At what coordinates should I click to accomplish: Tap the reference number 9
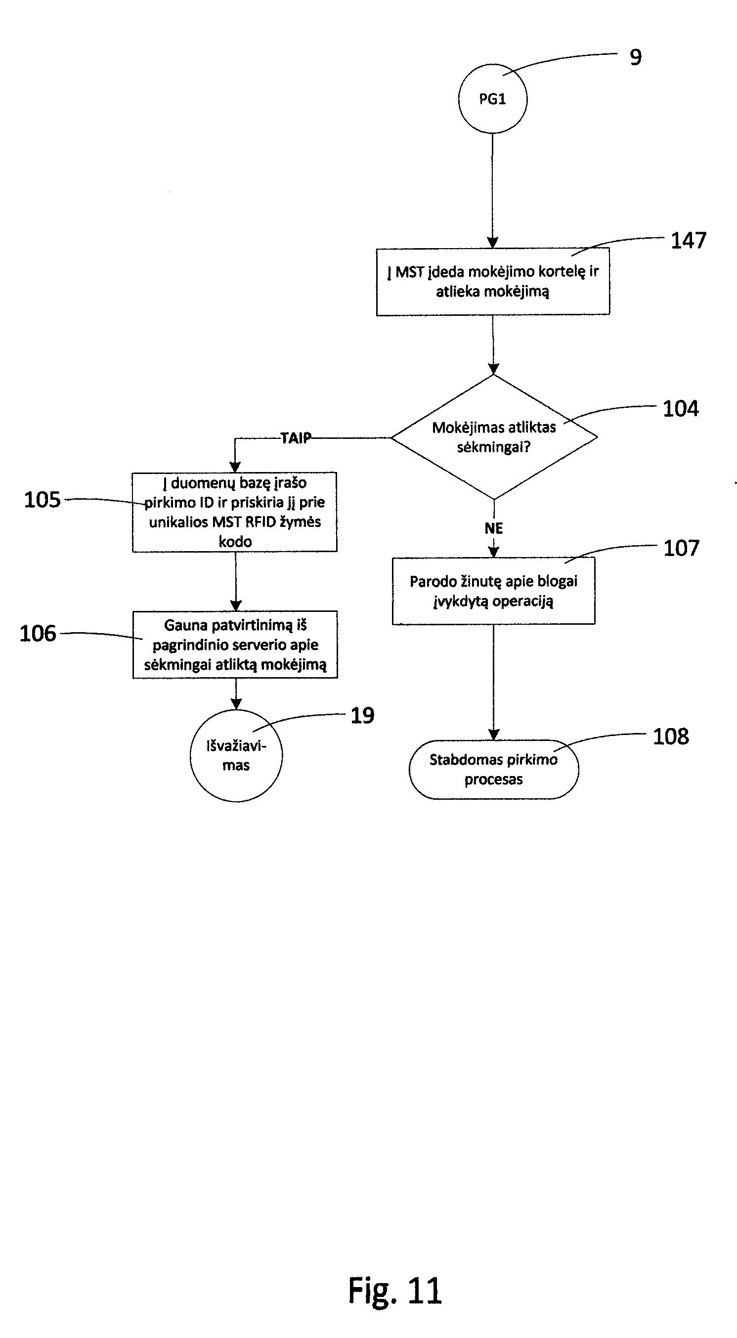[x=636, y=57]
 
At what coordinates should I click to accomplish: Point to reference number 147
[x=689, y=241]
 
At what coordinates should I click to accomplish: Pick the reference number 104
[x=681, y=409]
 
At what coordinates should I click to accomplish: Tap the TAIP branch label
[x=296, y=438]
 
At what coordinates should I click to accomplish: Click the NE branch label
[x=494, y=528]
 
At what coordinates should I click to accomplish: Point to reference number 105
[x=43, y=500]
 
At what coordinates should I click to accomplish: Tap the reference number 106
[x=38, y=633]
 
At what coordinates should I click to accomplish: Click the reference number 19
[x=362, y=716]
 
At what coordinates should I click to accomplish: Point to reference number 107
[x=682, y=548]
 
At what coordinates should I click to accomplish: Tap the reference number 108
[x=671, y=736]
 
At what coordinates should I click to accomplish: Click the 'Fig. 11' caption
[x=395, y=1291]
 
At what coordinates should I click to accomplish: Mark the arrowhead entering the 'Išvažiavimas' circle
[x=236, y=704]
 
